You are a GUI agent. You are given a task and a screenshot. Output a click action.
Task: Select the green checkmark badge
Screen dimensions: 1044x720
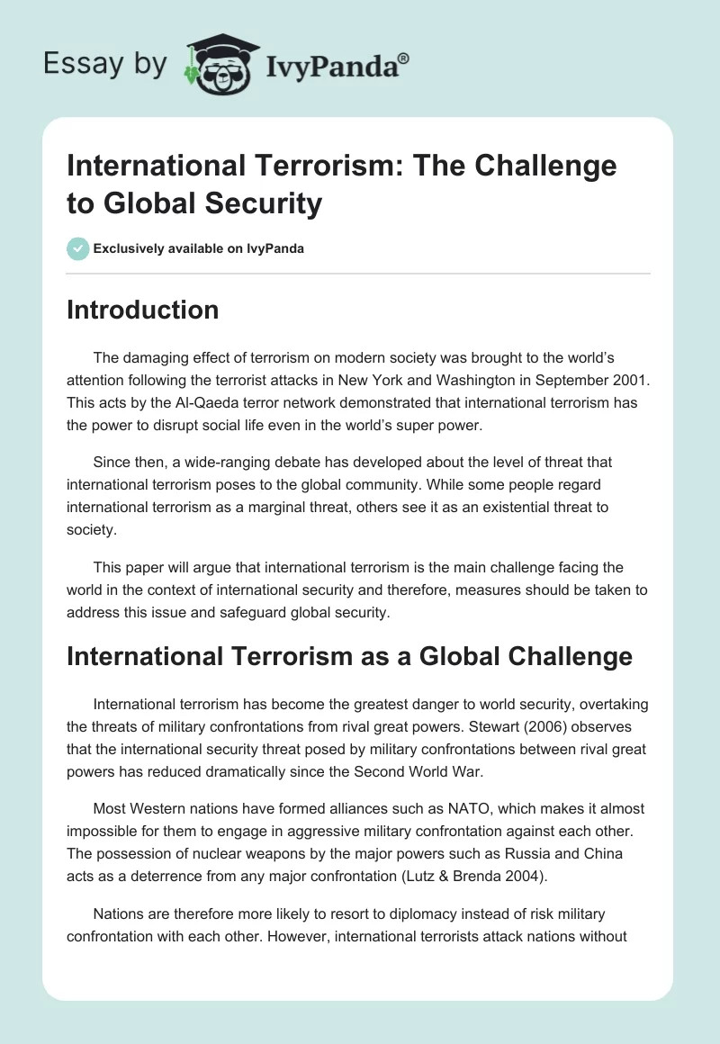click(77, 248)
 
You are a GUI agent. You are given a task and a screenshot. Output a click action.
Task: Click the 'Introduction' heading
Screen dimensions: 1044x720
click(142, 310)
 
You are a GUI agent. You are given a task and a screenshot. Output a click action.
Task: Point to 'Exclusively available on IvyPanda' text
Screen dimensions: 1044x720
click(198, 248)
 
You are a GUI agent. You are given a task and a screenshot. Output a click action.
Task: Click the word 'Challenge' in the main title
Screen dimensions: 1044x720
click(542, 166)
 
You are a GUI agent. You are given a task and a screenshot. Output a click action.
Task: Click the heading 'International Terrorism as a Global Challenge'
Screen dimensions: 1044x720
click(349, 657)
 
